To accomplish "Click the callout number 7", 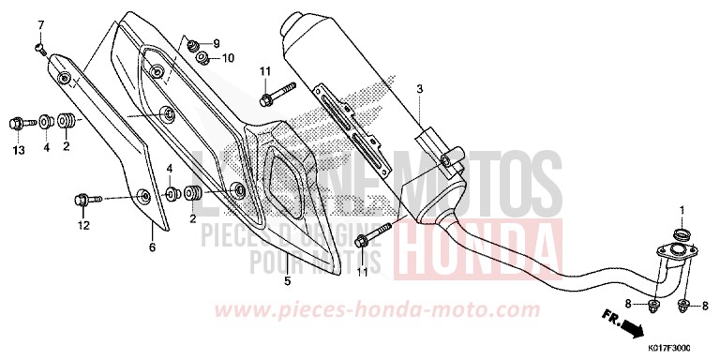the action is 40,23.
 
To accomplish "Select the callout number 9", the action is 215,43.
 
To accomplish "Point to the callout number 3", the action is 420,89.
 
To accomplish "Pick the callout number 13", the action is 17,150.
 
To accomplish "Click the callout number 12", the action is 83,225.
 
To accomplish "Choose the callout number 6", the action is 152,247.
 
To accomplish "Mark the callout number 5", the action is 288,280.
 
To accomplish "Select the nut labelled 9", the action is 193,44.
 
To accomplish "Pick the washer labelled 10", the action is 202,60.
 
